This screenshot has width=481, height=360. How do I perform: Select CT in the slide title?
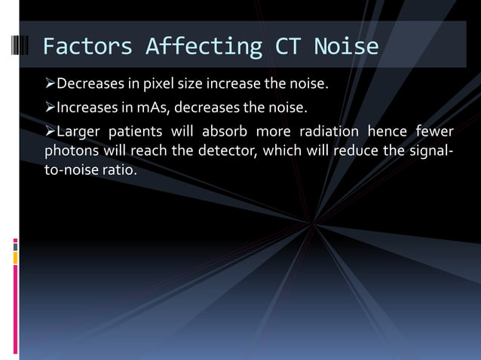tap(287, 47)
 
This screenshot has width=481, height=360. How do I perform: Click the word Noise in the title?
tap(346, 47)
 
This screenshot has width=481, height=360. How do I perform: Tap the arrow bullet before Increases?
tap(50, 105)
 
